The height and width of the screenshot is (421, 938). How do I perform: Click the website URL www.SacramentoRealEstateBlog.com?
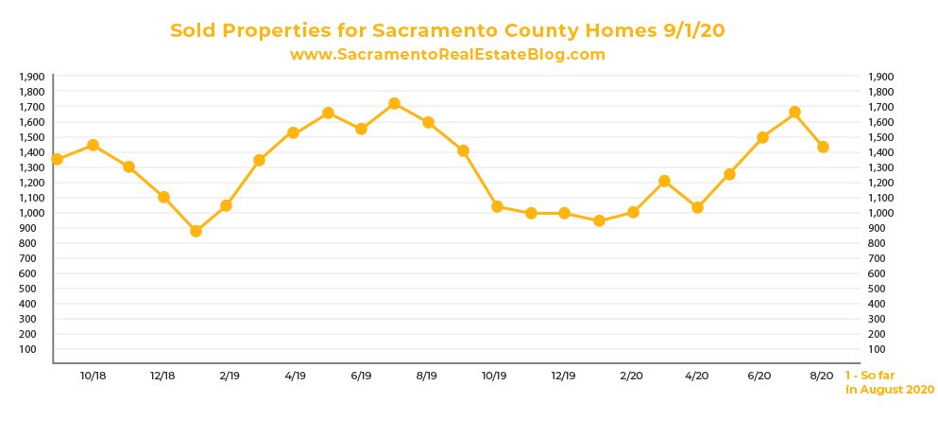pos(447,55)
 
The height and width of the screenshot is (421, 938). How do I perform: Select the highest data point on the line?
pos(394,103)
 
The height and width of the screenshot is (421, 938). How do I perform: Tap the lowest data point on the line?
pos(196,231)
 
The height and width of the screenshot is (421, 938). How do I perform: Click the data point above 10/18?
pos(93,145)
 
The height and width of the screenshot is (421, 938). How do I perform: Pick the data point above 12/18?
pos(163,197)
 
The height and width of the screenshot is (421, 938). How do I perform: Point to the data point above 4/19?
pos(293,132)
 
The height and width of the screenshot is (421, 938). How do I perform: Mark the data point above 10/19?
pos(497,206)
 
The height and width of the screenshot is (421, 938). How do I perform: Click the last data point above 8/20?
pos(823,147)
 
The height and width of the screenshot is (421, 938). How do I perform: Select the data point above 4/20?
pos(697,207)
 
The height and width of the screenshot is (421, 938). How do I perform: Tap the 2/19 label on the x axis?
pos(230,376)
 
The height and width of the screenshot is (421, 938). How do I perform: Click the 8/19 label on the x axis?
pos(426,376)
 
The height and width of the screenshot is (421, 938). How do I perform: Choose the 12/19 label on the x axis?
pos(563,376)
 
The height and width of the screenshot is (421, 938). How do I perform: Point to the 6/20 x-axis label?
pos(759,376)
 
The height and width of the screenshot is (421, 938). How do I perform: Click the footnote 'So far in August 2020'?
pos(889,382)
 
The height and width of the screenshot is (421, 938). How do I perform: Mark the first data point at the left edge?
pos(57,159)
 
